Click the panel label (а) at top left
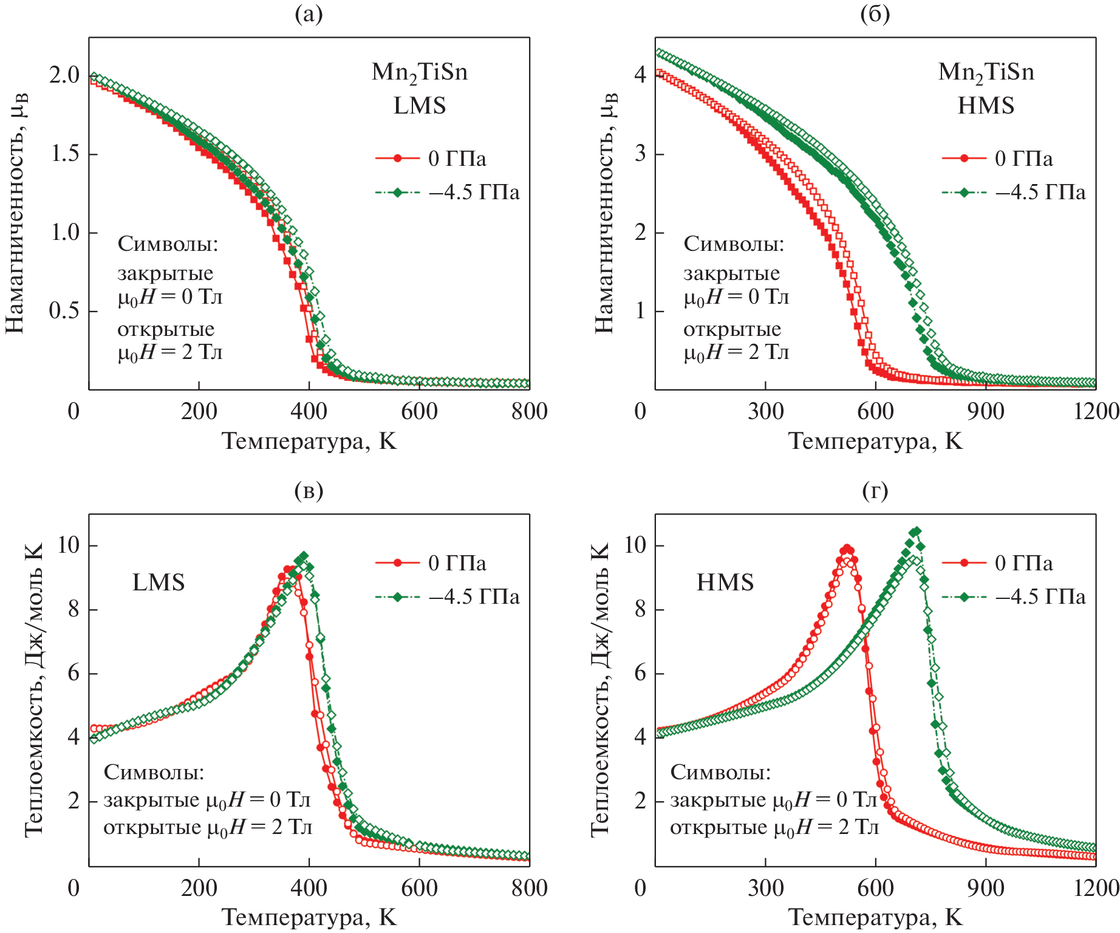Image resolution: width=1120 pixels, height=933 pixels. pyautogui.click(x=309, y=14)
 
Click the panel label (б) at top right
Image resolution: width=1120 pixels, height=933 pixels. pyautogui.click(x=875, y=14)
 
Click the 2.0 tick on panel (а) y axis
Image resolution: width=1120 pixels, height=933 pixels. pyautogui.click(x=64, y=75)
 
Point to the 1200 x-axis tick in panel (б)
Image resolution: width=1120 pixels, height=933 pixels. pyautogui.click(x=1096, y=412)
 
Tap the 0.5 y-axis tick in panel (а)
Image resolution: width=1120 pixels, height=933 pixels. pyautogui.click(x=64, y=311)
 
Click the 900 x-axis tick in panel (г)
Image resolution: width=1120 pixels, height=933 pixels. pyautogui.click(x=985, y=889)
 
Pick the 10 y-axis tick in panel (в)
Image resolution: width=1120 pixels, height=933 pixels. pyautogui.click(x=68, y=545)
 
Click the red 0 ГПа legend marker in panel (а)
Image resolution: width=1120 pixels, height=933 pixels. pyautogui.click(x=398, y=159)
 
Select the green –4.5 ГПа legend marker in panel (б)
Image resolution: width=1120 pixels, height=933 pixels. pyautogui.click(x=964, y=193)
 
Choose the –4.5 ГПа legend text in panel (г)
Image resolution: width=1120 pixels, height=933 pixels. pyautogui.click(x=1040, y=597)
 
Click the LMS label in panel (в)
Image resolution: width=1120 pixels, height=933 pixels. pyautogui.click(x=159, y=583)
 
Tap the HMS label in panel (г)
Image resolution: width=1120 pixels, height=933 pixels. pyautogui.click(x=725, y=583)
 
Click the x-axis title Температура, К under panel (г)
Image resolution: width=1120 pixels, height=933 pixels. pyautogui.click(x=875, y=917)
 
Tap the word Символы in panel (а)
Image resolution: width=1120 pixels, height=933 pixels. pyautogui.click(x=168, y=244)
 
